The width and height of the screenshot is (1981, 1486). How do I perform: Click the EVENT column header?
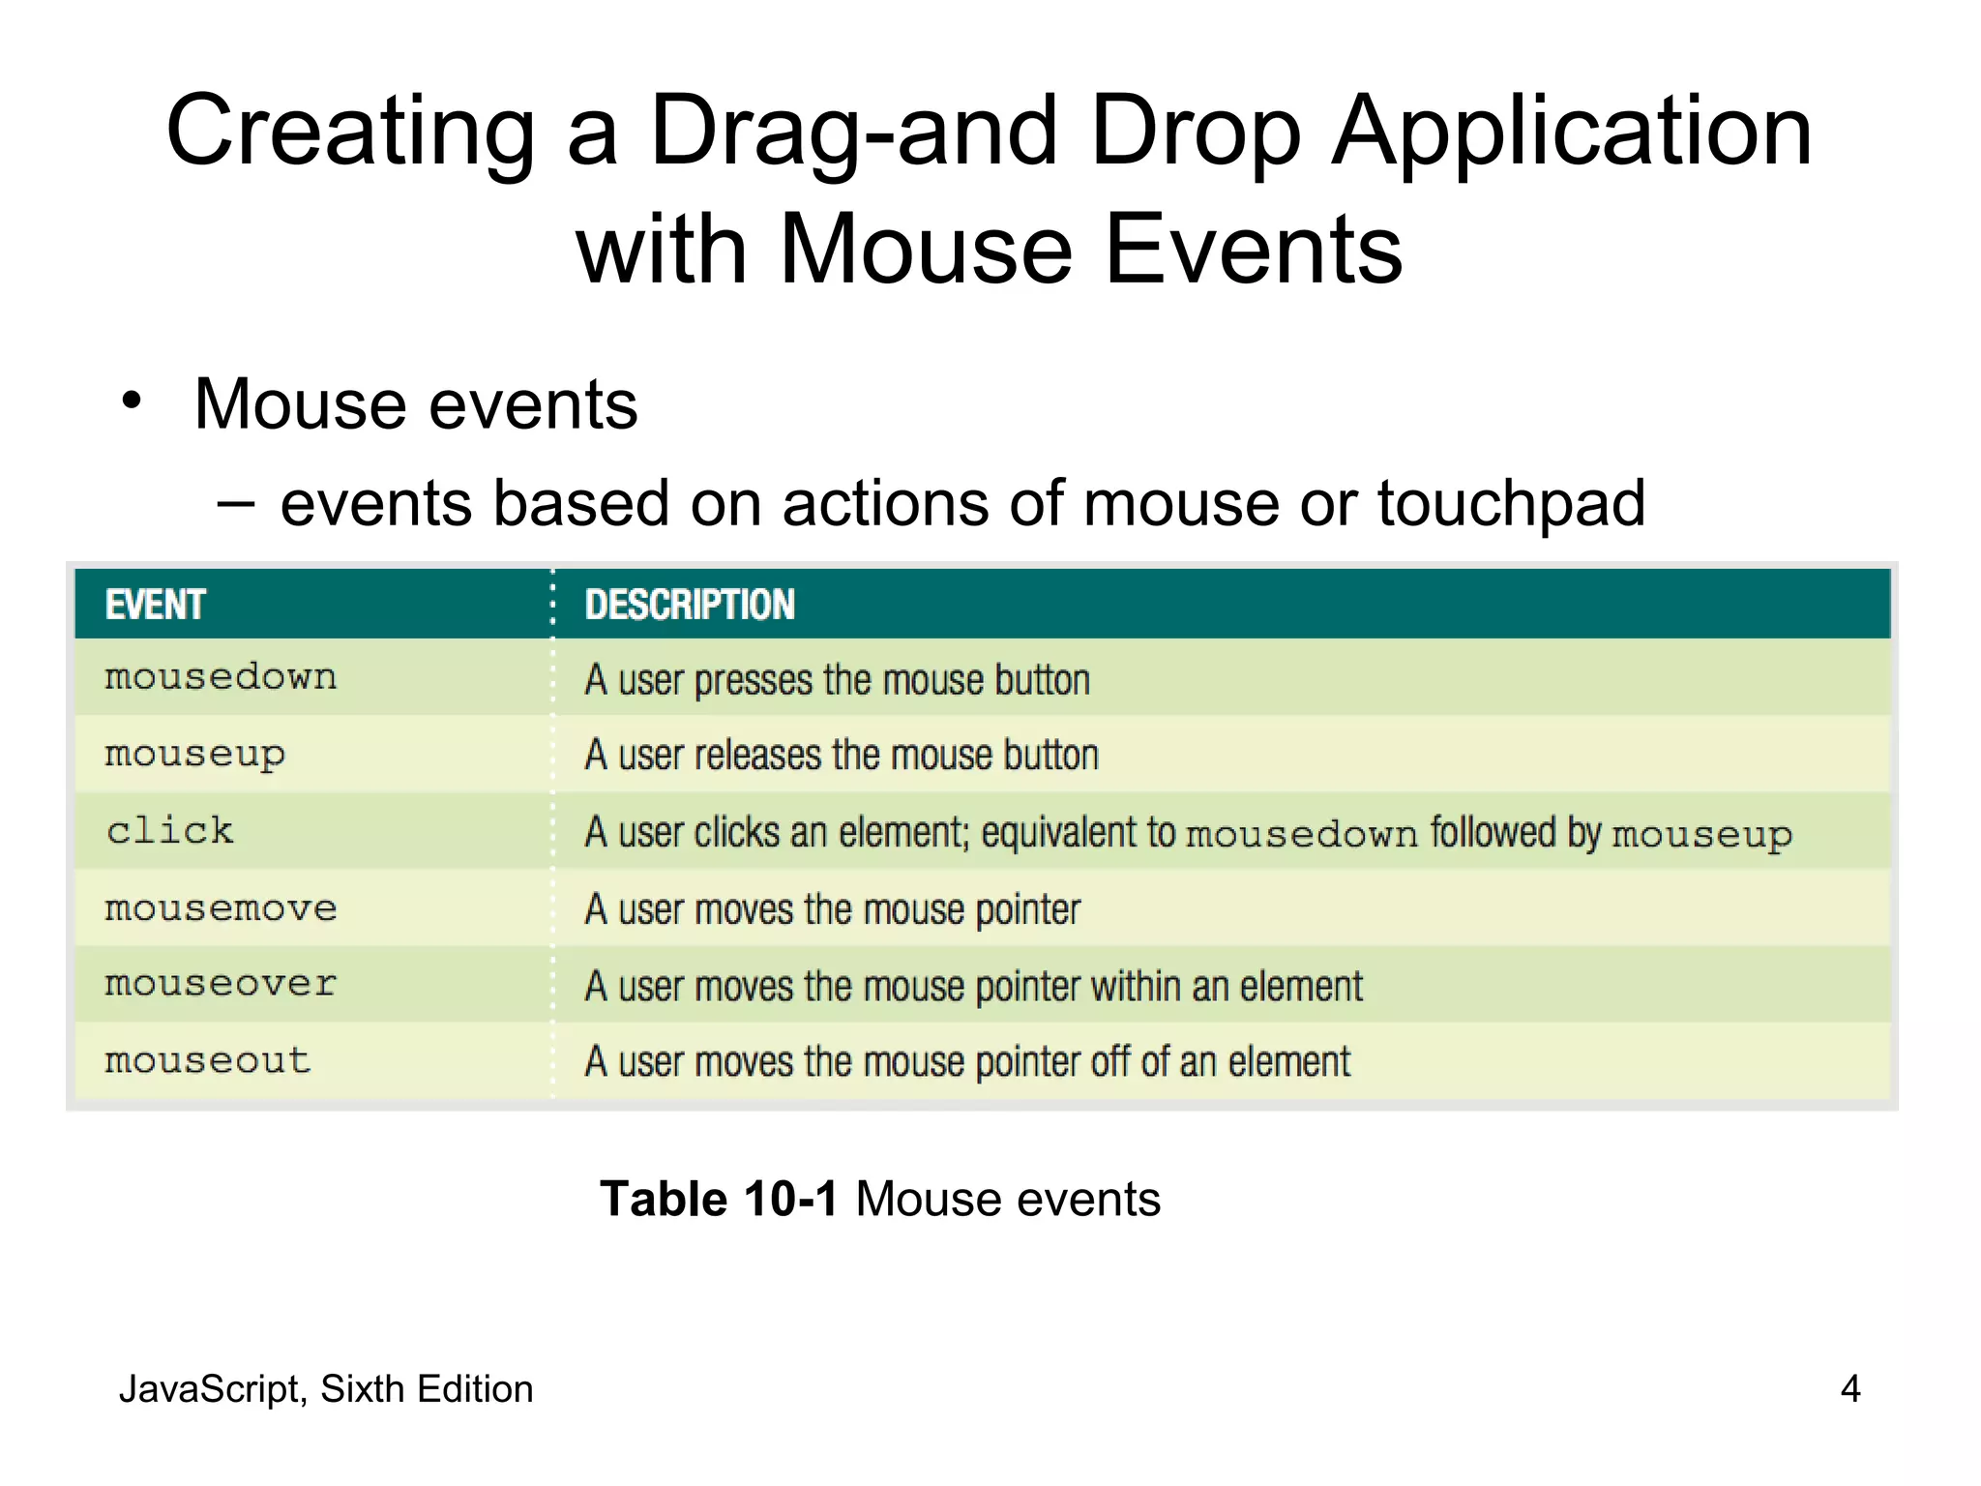pos(155,605)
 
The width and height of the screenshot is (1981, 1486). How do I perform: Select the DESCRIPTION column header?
pos(690,605)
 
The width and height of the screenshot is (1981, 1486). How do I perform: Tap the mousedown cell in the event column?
pos(221,677)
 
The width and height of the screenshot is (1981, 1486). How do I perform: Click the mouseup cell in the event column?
pos(194,755)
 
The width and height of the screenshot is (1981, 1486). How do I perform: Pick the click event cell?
pos(169,831)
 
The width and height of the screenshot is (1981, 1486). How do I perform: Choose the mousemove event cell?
pos(221,908)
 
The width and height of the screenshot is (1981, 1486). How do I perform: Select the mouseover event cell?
pos(221,985)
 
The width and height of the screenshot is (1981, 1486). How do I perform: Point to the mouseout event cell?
pos(207,1061)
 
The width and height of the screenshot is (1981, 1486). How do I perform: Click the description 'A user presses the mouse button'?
pos(837,680)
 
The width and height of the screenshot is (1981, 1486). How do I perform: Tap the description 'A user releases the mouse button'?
pos(842,756)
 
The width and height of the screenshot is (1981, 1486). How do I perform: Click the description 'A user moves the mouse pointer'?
pos(832,910)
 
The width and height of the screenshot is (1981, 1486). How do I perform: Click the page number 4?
pos(1849,1389)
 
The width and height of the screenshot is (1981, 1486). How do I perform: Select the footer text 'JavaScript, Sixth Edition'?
pos(325,1389)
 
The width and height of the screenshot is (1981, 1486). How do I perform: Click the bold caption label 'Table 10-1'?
pos(718,1200)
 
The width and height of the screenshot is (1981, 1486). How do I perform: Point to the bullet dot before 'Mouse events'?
pos(132,401)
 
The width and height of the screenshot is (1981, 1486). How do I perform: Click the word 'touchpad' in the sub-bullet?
pos(1511,504)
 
